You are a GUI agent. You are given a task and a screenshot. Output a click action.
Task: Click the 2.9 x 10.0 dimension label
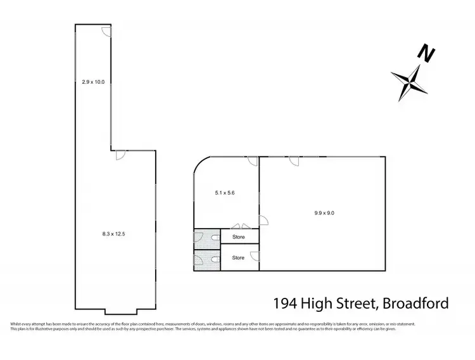coord(93,81)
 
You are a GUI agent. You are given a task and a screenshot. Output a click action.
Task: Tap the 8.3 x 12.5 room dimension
coord(115,234)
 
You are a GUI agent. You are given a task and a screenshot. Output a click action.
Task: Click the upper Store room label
coord(238,238)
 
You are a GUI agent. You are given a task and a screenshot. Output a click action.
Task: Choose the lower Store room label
coord(238,258)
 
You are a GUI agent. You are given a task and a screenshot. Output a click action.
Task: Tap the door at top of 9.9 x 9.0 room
coord(294,161)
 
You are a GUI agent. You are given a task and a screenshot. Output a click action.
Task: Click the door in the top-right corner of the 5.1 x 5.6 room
coord(253,161)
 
